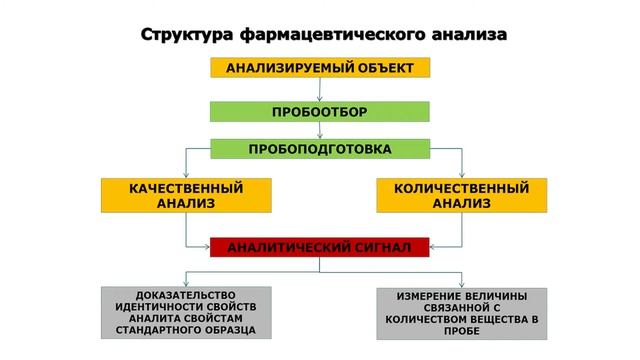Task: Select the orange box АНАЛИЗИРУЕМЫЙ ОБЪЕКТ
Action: tap(319, 68)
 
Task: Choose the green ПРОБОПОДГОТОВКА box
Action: tap(319, 150)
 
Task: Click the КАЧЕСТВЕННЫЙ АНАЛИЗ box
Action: tap(186, 195)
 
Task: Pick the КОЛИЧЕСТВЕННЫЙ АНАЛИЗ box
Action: tap(461, 195)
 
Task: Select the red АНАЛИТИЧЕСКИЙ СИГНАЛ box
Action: tap(319, 246)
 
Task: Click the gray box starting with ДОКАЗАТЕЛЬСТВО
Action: tap(186, 312)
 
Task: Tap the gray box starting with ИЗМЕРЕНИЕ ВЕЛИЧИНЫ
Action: tap(461, 312)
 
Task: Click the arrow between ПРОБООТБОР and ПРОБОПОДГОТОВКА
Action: tap(319, 130)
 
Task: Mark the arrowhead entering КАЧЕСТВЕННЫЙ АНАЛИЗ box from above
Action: tap(186, 173)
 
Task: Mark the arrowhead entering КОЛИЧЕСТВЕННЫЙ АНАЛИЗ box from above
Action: tap(461, 173)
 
